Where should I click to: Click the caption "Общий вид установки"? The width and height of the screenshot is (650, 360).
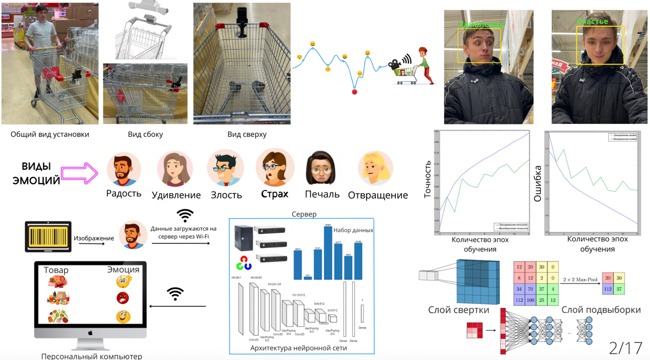click(x=50, y=134)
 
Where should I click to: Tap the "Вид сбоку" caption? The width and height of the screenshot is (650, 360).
click(x=145, y=134)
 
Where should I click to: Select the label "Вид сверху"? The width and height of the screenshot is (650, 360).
click(x=247, y=134)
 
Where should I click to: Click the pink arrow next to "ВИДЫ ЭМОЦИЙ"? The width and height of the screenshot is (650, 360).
click(x=80, y=174)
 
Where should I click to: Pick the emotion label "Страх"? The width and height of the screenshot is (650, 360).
click(x=275, y=194)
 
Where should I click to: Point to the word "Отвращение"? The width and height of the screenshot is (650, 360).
click(x=378, y=195)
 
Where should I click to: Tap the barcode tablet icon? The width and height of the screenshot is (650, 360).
click(x=48, y=237)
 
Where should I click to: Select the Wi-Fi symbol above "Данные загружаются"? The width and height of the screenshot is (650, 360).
click(x=185, y=215)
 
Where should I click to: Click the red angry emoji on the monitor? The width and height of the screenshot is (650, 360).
click(x=123, y=298)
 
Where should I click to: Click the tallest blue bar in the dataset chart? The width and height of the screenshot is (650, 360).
click(x=327, y=252)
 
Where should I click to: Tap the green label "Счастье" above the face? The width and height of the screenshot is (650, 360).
click(x=592, y=22)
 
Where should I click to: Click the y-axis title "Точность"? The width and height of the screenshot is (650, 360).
click(x=428, y=179)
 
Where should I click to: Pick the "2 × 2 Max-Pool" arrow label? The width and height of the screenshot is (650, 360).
click(x=580, y=280)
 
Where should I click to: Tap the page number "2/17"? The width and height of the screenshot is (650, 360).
click(x=625, y=348)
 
